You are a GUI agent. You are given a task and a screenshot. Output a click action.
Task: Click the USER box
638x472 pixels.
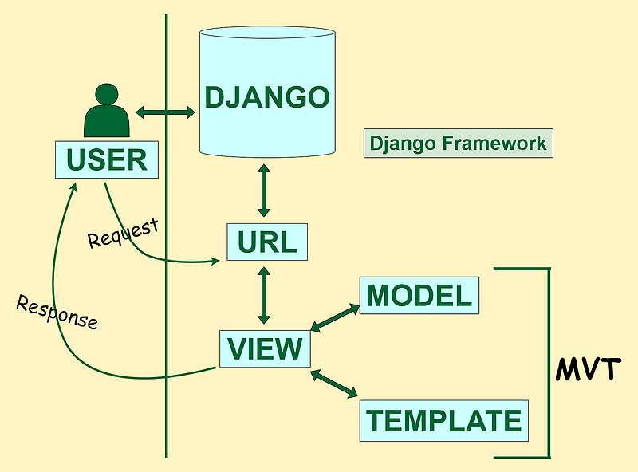click(x=106, y=159)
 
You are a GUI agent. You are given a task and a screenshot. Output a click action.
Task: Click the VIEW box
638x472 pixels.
click(x=265, y=348)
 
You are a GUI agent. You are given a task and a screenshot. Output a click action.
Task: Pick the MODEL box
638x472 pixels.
click(x=419, y=296)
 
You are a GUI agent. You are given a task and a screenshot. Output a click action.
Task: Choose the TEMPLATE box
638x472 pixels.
click(x=443, y=419)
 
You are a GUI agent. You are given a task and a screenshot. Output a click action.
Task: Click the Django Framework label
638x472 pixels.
click(x=458, y=144)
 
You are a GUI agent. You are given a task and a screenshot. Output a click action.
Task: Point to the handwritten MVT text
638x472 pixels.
click(x=589, y=369)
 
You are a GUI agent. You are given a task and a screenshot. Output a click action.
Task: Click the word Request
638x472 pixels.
click(x=123, y=233)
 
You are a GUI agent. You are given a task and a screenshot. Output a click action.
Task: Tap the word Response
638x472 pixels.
click(x=57, y=313)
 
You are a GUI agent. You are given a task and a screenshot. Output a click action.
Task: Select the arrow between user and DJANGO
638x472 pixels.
click(x=165, y=112)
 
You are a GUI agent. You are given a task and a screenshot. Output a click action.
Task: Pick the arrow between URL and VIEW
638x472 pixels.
click(x=264, y=294)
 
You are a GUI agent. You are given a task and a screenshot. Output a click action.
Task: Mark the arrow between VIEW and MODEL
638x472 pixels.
click(x=334, y=317)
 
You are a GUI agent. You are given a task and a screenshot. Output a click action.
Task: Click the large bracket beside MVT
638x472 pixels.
click(x=548, y=363)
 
